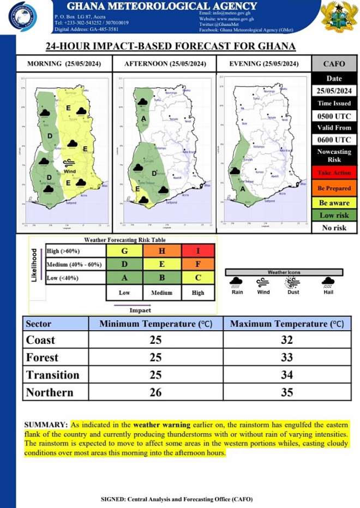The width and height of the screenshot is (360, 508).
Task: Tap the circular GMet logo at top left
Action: click(x=24, y=17)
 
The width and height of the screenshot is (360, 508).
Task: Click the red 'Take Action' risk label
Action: click(x=334, y=173)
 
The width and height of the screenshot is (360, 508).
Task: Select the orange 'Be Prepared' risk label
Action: click(x=334, y=188)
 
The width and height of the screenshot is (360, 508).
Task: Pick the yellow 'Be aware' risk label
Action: click(x=334, y=203)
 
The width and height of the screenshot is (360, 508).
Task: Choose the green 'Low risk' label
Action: click(x=334, y=215)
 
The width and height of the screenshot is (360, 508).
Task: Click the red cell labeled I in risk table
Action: click(x=198, y=252)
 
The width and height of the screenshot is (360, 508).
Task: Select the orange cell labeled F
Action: click(x=198, y=265)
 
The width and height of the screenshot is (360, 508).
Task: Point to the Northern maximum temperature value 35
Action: click(x=287, y=392)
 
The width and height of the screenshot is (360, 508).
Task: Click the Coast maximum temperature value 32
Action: click(x=287, y=340)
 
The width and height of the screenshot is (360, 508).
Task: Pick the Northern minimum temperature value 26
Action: click(x=156, y=392)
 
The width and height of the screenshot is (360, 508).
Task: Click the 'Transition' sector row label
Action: click(x=52, y=375)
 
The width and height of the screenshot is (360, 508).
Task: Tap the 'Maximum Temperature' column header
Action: click(x=287, y=324)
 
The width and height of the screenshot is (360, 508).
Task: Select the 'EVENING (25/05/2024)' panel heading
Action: click(x=263, y=64)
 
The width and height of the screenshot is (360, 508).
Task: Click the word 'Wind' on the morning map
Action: click(x=69, y=171)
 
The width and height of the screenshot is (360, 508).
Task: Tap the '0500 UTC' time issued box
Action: click(x=334, y=116)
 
